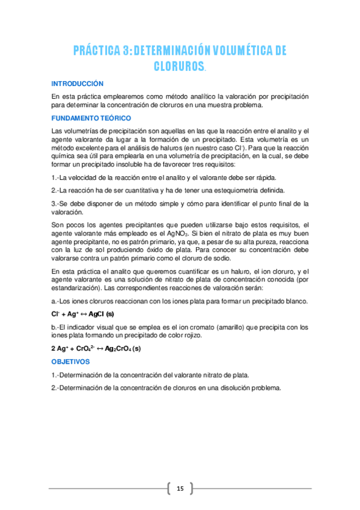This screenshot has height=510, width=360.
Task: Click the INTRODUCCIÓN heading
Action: [x=78, y=84]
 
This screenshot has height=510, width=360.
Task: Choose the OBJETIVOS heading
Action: [x=70, y=362]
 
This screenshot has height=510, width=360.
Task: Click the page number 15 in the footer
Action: [x=180, y=488]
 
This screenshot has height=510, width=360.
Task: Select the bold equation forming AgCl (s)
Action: [x=82, y=314]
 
